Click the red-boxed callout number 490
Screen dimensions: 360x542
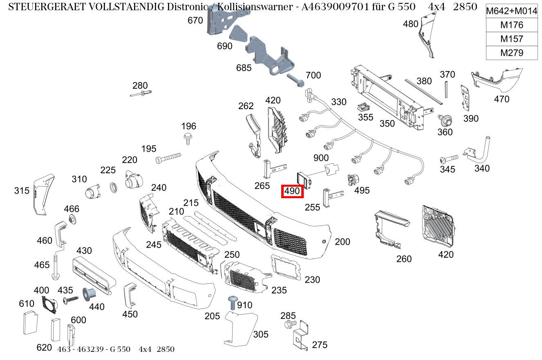292,191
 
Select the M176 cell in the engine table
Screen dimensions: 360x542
511,25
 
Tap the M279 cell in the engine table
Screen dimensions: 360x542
511,53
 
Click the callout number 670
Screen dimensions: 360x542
195,20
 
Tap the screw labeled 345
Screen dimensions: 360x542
448,159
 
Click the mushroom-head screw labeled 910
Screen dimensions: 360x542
233,303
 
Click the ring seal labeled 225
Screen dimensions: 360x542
114,188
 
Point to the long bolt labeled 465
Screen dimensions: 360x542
55,268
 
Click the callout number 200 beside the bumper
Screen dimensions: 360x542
342,242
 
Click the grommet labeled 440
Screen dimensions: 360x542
89,293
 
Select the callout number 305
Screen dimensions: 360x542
260,335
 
